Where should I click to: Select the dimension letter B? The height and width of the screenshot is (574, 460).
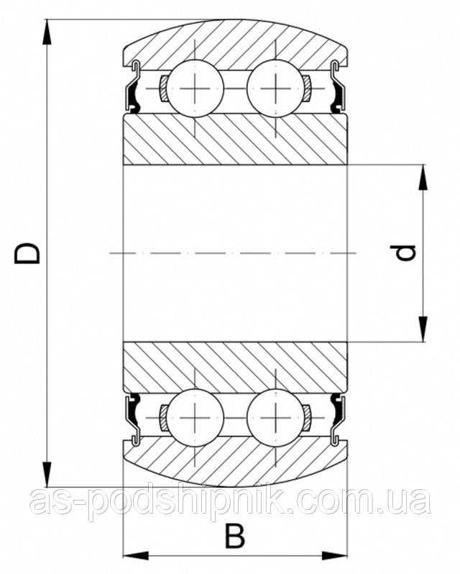(x=234, y=535)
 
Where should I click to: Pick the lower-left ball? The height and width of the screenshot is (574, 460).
(x=194, y=415)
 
